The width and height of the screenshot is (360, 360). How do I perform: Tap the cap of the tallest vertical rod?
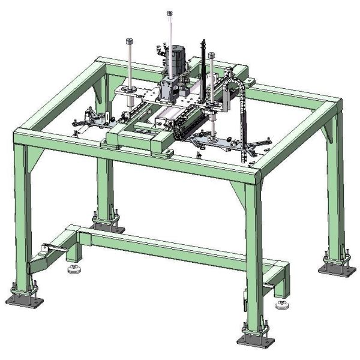point(169,13)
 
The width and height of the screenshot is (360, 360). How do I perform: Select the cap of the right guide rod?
point(212,55)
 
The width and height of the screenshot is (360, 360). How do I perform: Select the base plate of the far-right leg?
point(336,268)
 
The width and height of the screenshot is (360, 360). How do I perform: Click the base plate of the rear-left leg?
point(108,227)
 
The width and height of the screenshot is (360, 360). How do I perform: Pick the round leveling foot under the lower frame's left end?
point(74,269)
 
